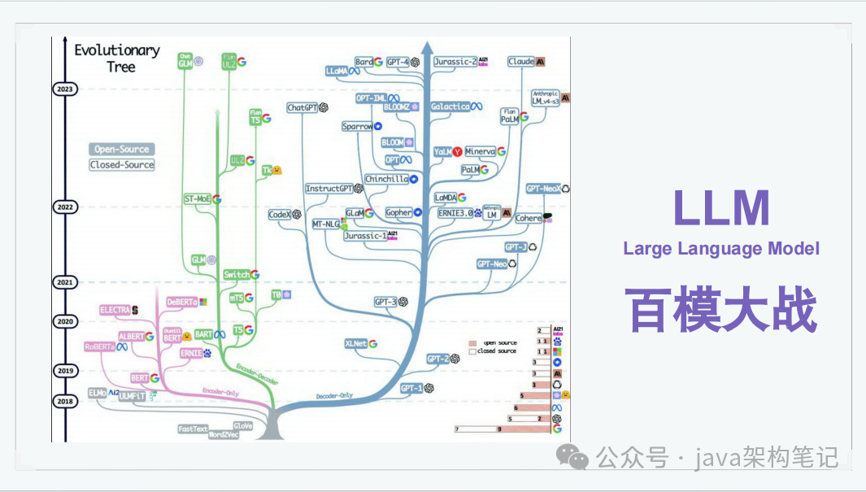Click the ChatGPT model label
(302, 108)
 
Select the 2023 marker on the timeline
(63, 89)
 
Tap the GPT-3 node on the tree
(385, 302)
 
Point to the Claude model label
(521, 62)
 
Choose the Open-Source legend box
(122, 150)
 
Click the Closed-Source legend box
(122, 165)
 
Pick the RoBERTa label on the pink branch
(101, 347)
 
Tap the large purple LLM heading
(721, 208)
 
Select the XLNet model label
(356, 343)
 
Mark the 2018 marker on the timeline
(63, 401)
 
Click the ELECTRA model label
(115, 310)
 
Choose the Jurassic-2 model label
(455, 62)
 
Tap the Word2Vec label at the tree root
(223, 435)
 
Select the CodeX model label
(280, 215)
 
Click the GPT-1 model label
(412, 389)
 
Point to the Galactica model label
(450, 107)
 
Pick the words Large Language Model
(721, 249)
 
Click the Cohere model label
(529, 219)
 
